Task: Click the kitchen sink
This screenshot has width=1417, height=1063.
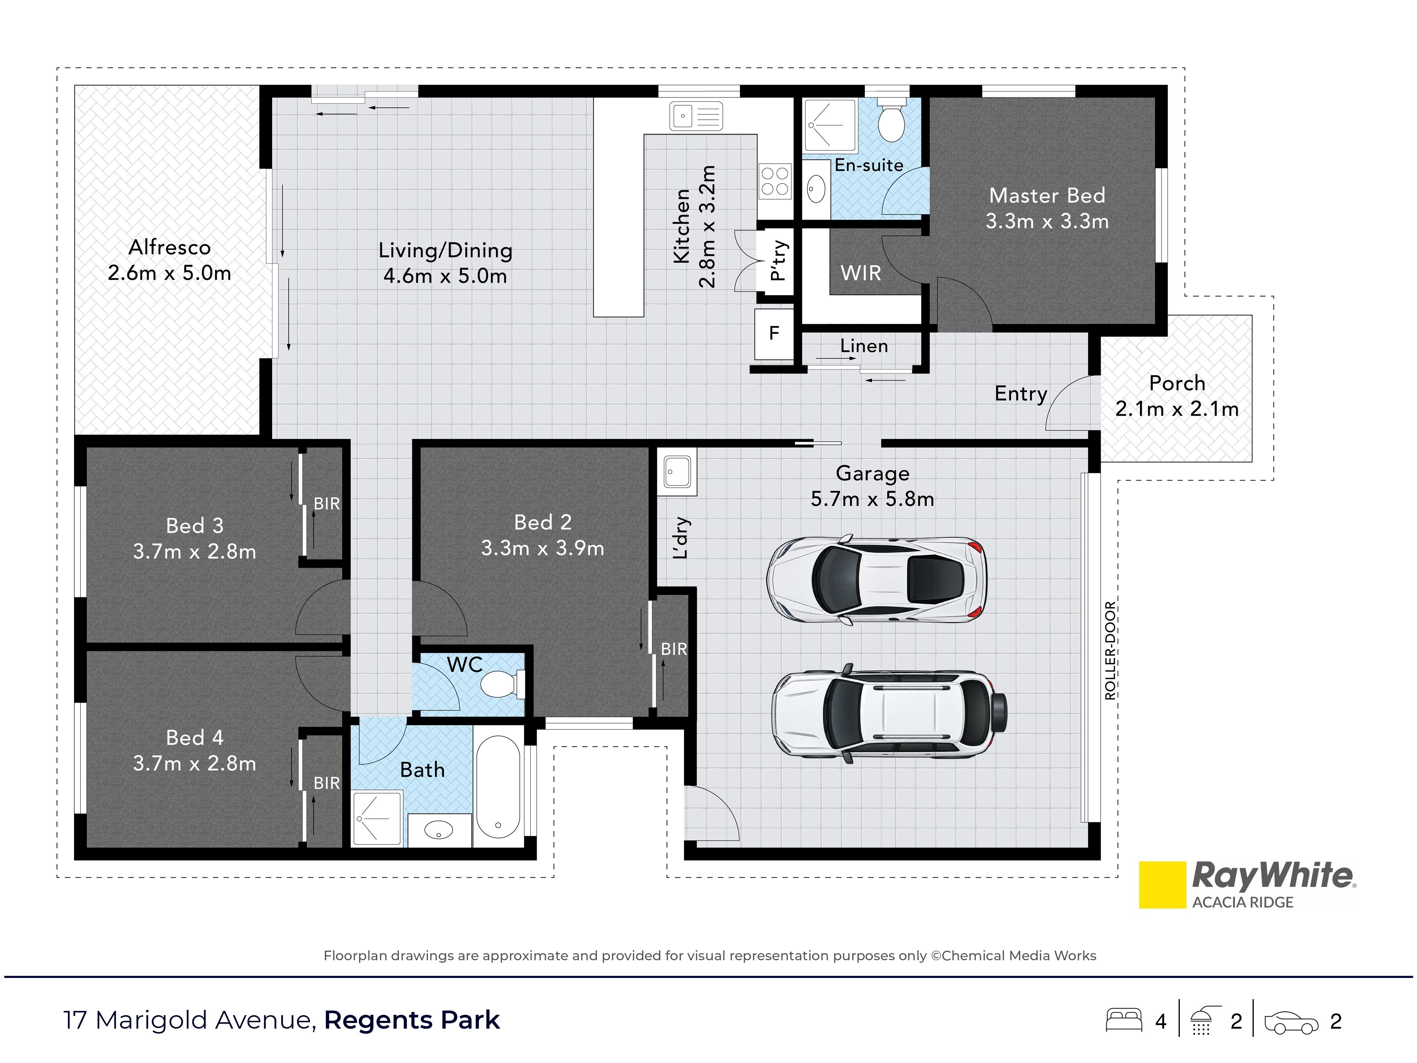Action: click(x=696, y=117)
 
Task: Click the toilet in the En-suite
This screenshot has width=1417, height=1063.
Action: click(x=891, y=119)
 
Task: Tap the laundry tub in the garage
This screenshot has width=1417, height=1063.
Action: click(x=677, y=472)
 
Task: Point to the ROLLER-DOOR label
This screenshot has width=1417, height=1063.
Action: click(x=1110, y=650)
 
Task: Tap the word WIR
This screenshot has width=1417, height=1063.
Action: click(x=860, y=273)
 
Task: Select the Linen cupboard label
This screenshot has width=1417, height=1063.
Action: click(x=864, y=346)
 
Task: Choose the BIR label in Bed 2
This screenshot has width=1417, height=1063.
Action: click(x=674, y=649)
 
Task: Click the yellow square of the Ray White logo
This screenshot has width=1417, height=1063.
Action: click(x=1162, y=885)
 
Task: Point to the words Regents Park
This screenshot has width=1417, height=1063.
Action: click(x=412, y=1020)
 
